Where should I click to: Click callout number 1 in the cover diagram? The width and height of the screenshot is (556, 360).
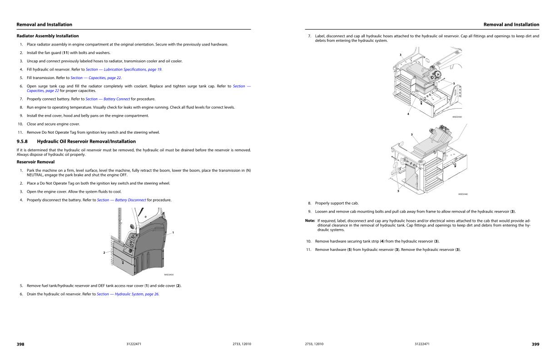[x=174, y=232]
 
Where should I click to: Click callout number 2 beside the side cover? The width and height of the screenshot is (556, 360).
[x=104, y=252]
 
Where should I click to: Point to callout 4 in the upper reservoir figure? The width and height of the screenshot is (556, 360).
[x=408, y=114]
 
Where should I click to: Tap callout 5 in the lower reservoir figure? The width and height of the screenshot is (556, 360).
[x=398, y=191]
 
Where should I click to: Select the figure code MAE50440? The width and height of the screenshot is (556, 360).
[x=463, y=194]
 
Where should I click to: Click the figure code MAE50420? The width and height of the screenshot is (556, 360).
[x=169, y=275]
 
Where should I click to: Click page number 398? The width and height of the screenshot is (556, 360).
[x=20, y=344]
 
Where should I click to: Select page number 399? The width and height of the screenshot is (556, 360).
[x=536, y=344]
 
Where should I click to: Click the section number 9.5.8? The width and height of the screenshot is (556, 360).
[x=23, y=141]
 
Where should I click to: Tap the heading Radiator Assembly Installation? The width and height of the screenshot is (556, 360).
[x=47, y=36]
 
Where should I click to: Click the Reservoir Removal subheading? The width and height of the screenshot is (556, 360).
[x=35, y=162]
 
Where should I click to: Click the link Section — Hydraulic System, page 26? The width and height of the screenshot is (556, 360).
[x=128, y=294]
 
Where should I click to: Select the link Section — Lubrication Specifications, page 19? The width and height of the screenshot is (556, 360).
[x=124, y=69]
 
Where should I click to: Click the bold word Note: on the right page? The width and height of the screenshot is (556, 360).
[x=310, y=220]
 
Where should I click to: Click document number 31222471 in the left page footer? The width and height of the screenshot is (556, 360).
[x=134, y=344]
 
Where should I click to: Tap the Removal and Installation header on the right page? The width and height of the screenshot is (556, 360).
[x=511, y=25]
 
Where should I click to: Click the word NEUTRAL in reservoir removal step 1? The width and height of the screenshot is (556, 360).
[x=36, y=175]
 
